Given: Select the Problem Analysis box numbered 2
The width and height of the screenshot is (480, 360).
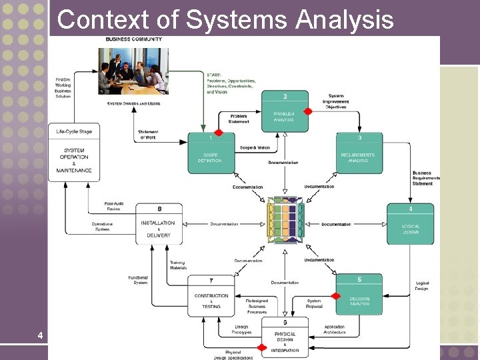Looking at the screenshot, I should tap(284, 111).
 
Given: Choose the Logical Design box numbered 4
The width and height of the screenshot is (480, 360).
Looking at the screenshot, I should tap(410, 224).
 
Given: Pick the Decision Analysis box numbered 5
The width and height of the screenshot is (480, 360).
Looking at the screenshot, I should tap(359, 294).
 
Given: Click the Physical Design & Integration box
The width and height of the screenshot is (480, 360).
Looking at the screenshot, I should tap(285, 337).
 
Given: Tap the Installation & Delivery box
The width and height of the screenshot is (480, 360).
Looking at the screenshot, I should tap(159, 224).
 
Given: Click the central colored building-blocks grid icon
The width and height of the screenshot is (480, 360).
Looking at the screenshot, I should tap(285, 221).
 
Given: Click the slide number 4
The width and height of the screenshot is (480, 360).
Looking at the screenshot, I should tap(41, 335).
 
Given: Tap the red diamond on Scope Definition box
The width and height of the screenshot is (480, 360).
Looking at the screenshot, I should tap(218, 133).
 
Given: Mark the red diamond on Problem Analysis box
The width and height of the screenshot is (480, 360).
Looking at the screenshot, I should tap(307, 111).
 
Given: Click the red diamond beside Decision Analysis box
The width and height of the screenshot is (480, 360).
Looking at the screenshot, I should tap(336, 296).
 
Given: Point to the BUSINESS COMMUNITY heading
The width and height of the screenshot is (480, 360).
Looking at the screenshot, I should tap(133, 39).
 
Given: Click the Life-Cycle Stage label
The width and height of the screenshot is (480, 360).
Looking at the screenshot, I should tap(74, 132).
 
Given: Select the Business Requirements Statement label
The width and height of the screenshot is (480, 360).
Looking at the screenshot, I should tap(426, 178).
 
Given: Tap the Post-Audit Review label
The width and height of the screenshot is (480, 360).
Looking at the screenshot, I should tap(113, 206).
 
